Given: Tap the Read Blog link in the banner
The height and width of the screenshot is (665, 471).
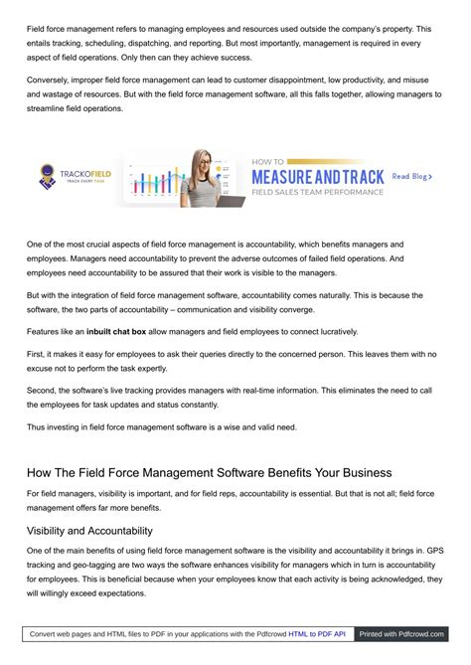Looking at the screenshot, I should click(411, 176).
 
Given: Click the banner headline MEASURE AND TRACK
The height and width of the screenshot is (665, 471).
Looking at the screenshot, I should click(317, 176).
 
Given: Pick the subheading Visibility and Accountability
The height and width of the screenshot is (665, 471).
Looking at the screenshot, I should click(89, 531).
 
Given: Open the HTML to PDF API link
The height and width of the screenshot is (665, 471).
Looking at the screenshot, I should click(317, 633).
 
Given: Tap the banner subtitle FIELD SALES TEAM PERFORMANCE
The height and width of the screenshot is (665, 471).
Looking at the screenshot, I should click(317, 192).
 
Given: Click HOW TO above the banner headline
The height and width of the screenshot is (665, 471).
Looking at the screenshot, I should click(268, 161).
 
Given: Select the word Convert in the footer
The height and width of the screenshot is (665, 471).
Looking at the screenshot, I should click(47, 633).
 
